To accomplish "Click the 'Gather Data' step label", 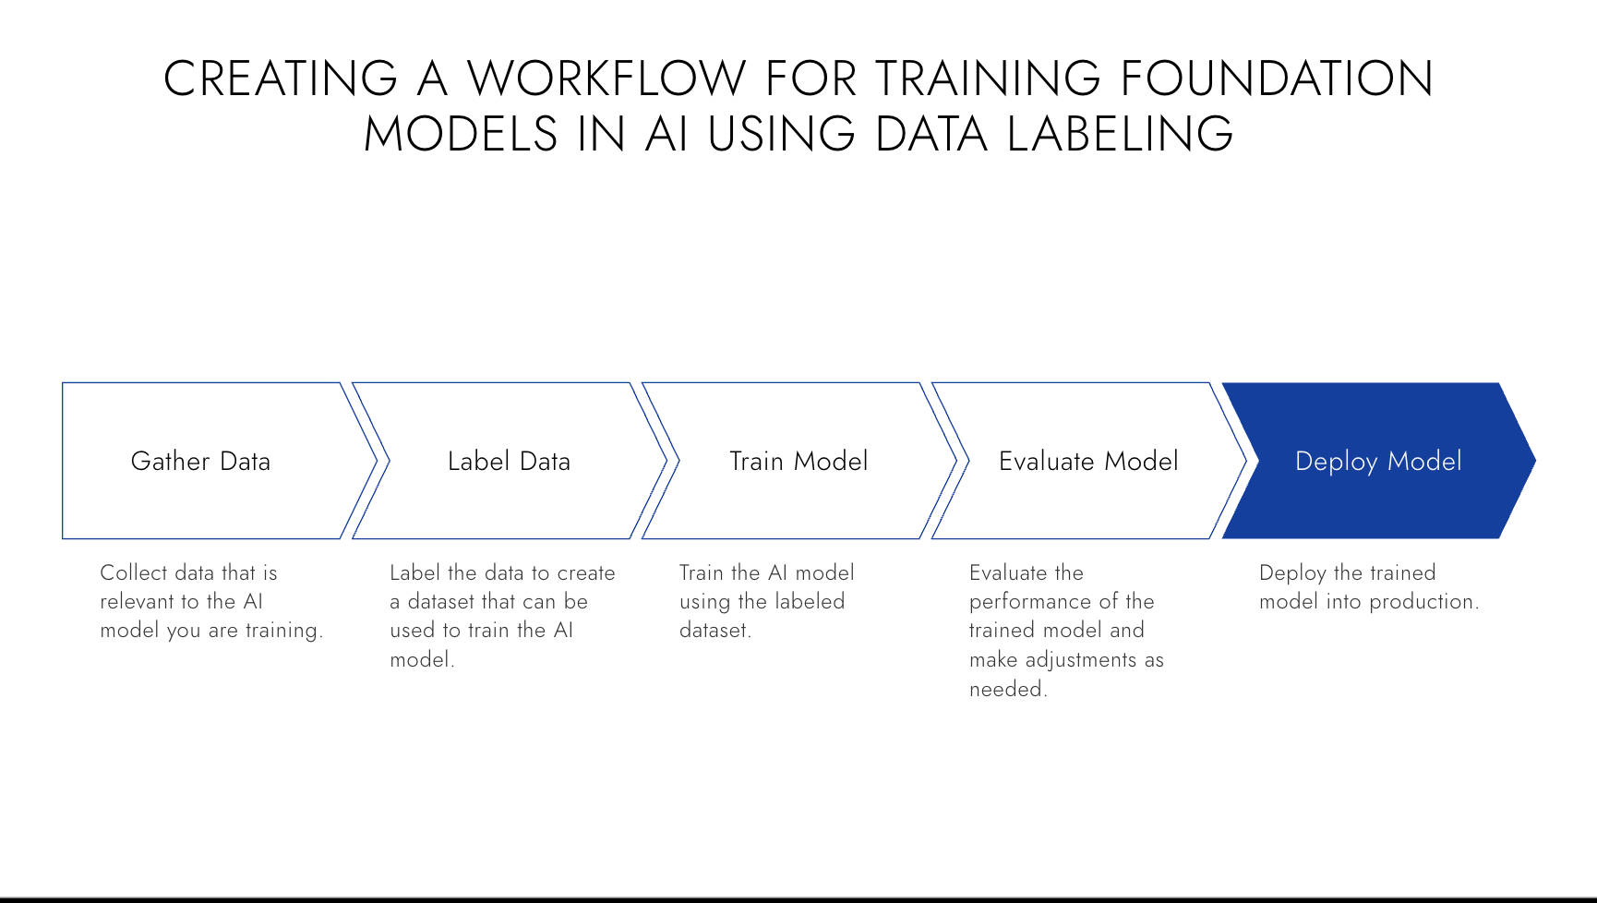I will [x=200, y=461].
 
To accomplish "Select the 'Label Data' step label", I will [x=509, y=461].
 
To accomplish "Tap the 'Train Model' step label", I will [x=798, y=461].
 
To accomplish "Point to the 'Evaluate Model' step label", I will [x=1088, y=461].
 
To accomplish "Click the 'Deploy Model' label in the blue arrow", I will [x=1378, y=461].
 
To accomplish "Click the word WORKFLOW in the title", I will [x=606, y=78].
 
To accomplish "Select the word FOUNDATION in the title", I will [x=1277, y=78].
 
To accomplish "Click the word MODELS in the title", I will [x=461, y=134].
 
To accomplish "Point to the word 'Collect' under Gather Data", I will [x=133, y=572].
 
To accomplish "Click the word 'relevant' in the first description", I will [x=137, y=602].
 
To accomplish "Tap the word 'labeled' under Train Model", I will [x=810, y=602].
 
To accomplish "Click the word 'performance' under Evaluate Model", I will [x=1024, y=603].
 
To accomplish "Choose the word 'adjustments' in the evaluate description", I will [x=1081, y=660].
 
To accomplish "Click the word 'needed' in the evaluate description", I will [x=1005, y=689].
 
